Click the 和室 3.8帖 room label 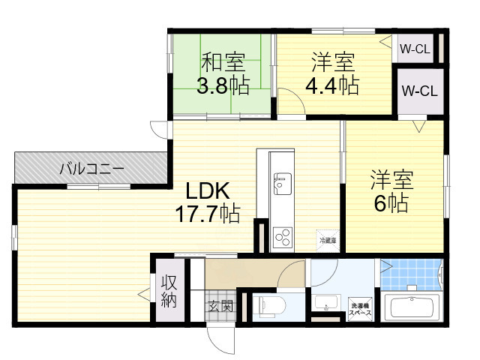[223, 73]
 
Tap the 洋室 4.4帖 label [331, 73]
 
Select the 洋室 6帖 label [391, 191]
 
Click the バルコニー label [91, 169]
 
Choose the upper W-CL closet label [414, 50]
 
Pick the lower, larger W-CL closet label [419, 91]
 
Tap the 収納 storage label [167, 293]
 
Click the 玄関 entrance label [220, 306]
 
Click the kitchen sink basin [282, 181]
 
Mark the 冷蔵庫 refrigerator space [328, 240]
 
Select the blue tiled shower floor [411, 274]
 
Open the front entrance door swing [223, 342]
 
